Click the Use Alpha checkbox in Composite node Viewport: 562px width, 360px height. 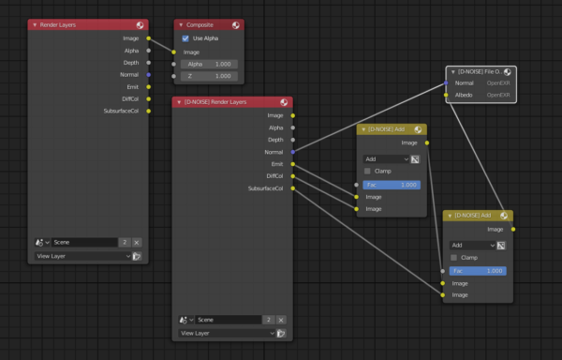185,38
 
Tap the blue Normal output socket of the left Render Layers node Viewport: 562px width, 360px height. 149,74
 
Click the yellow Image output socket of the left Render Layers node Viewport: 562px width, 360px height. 149,37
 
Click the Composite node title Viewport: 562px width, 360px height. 200,24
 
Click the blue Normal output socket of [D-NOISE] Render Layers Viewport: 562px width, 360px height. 293,151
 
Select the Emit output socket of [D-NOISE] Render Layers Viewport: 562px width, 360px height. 293,163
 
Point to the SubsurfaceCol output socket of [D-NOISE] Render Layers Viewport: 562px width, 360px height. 293,187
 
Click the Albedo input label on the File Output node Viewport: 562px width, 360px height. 463,95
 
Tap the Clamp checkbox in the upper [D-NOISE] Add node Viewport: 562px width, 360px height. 367,172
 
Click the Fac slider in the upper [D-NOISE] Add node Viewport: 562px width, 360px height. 392,185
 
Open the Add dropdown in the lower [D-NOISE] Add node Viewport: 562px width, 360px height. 471,245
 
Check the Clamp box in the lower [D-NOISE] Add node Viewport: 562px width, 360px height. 454,257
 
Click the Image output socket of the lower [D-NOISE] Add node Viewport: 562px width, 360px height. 513,228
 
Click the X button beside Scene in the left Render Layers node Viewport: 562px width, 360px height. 137,242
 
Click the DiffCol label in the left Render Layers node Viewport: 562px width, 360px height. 129,98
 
